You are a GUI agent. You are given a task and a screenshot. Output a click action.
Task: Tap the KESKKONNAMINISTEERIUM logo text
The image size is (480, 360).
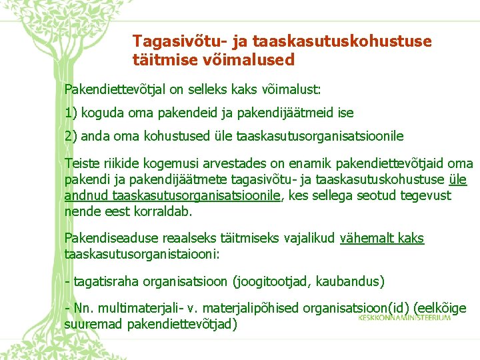coord(404,317)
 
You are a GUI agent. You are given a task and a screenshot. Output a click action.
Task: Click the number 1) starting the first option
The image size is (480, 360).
coord(70,113)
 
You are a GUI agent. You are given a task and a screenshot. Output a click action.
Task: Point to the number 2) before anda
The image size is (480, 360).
coord(71,136)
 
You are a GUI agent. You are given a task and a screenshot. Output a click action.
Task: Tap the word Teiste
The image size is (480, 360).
coord(80,163)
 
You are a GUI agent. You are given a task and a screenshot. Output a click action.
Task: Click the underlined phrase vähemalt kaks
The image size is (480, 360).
coord(382,238)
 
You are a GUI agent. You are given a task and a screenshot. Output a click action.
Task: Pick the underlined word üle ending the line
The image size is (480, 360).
coord(458,179)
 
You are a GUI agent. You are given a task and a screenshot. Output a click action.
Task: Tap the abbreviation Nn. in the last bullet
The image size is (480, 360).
coord(83,309)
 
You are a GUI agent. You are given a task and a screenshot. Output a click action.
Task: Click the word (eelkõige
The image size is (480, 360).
coord(440,309)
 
